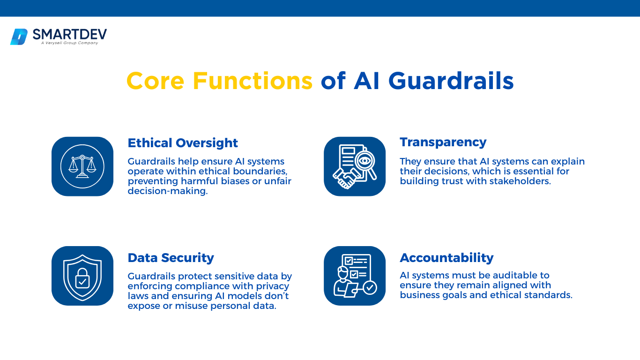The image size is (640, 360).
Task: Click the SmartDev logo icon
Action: (19, 37)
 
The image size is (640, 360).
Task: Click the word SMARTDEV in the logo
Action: (70, 35)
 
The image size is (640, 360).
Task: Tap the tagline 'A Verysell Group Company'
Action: (69, 43)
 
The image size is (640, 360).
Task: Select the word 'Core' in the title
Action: (155, 81)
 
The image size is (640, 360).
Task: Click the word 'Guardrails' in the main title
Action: (451, 81)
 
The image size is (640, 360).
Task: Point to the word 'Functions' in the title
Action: (253, 81)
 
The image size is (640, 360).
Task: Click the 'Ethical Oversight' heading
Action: (183, 143)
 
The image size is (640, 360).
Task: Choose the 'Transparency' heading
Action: (443, 142)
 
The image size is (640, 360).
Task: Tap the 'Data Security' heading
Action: (171, 258)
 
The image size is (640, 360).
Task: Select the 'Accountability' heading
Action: (447, 258)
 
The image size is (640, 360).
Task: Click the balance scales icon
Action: (82, 166)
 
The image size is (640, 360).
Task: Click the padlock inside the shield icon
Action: (82, 278)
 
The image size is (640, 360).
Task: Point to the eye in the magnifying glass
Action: (365, 161)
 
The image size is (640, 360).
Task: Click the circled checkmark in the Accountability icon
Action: (369, 288)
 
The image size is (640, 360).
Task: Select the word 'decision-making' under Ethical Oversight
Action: (167, 191)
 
